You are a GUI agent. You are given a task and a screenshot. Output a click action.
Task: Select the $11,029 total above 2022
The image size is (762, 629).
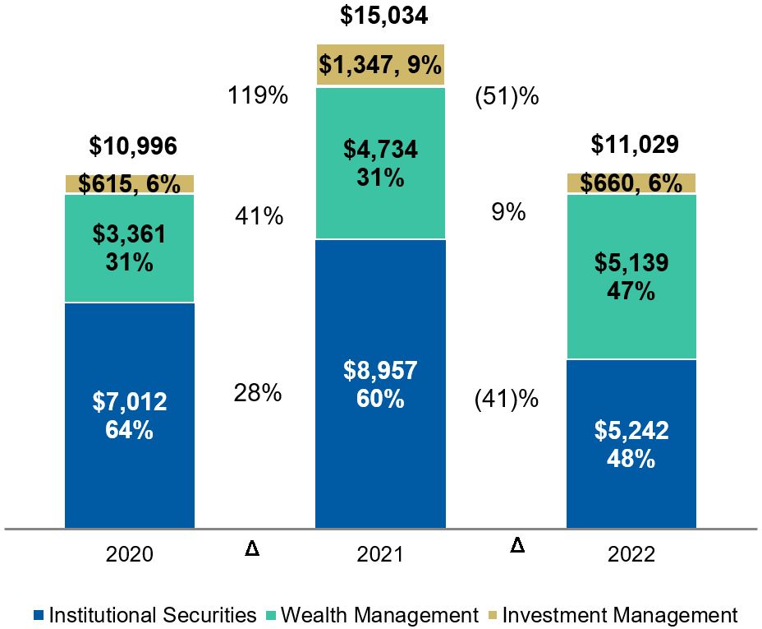635,145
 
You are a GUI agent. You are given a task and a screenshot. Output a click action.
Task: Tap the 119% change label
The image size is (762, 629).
258,96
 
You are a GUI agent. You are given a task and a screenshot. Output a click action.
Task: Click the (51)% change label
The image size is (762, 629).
507,96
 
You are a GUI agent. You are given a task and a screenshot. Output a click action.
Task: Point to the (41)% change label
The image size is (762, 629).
507,400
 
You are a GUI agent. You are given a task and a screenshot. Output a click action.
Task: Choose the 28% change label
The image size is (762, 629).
258,393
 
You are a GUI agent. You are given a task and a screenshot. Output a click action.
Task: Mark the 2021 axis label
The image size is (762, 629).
380,554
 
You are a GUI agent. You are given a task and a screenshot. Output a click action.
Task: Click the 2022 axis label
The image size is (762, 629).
631,554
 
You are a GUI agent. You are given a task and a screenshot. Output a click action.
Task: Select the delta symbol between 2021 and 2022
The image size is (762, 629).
517,544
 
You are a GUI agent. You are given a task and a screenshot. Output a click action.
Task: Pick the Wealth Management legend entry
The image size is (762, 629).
373,615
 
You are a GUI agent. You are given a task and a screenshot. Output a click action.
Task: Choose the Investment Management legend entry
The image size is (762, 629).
612,615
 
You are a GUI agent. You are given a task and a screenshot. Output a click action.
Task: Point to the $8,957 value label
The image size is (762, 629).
380,371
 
